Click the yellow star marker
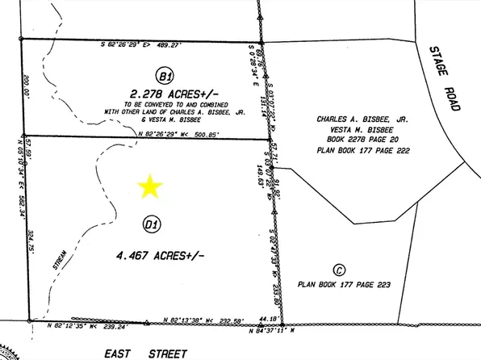coord(149,187)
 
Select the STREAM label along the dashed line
coord(59,262)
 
